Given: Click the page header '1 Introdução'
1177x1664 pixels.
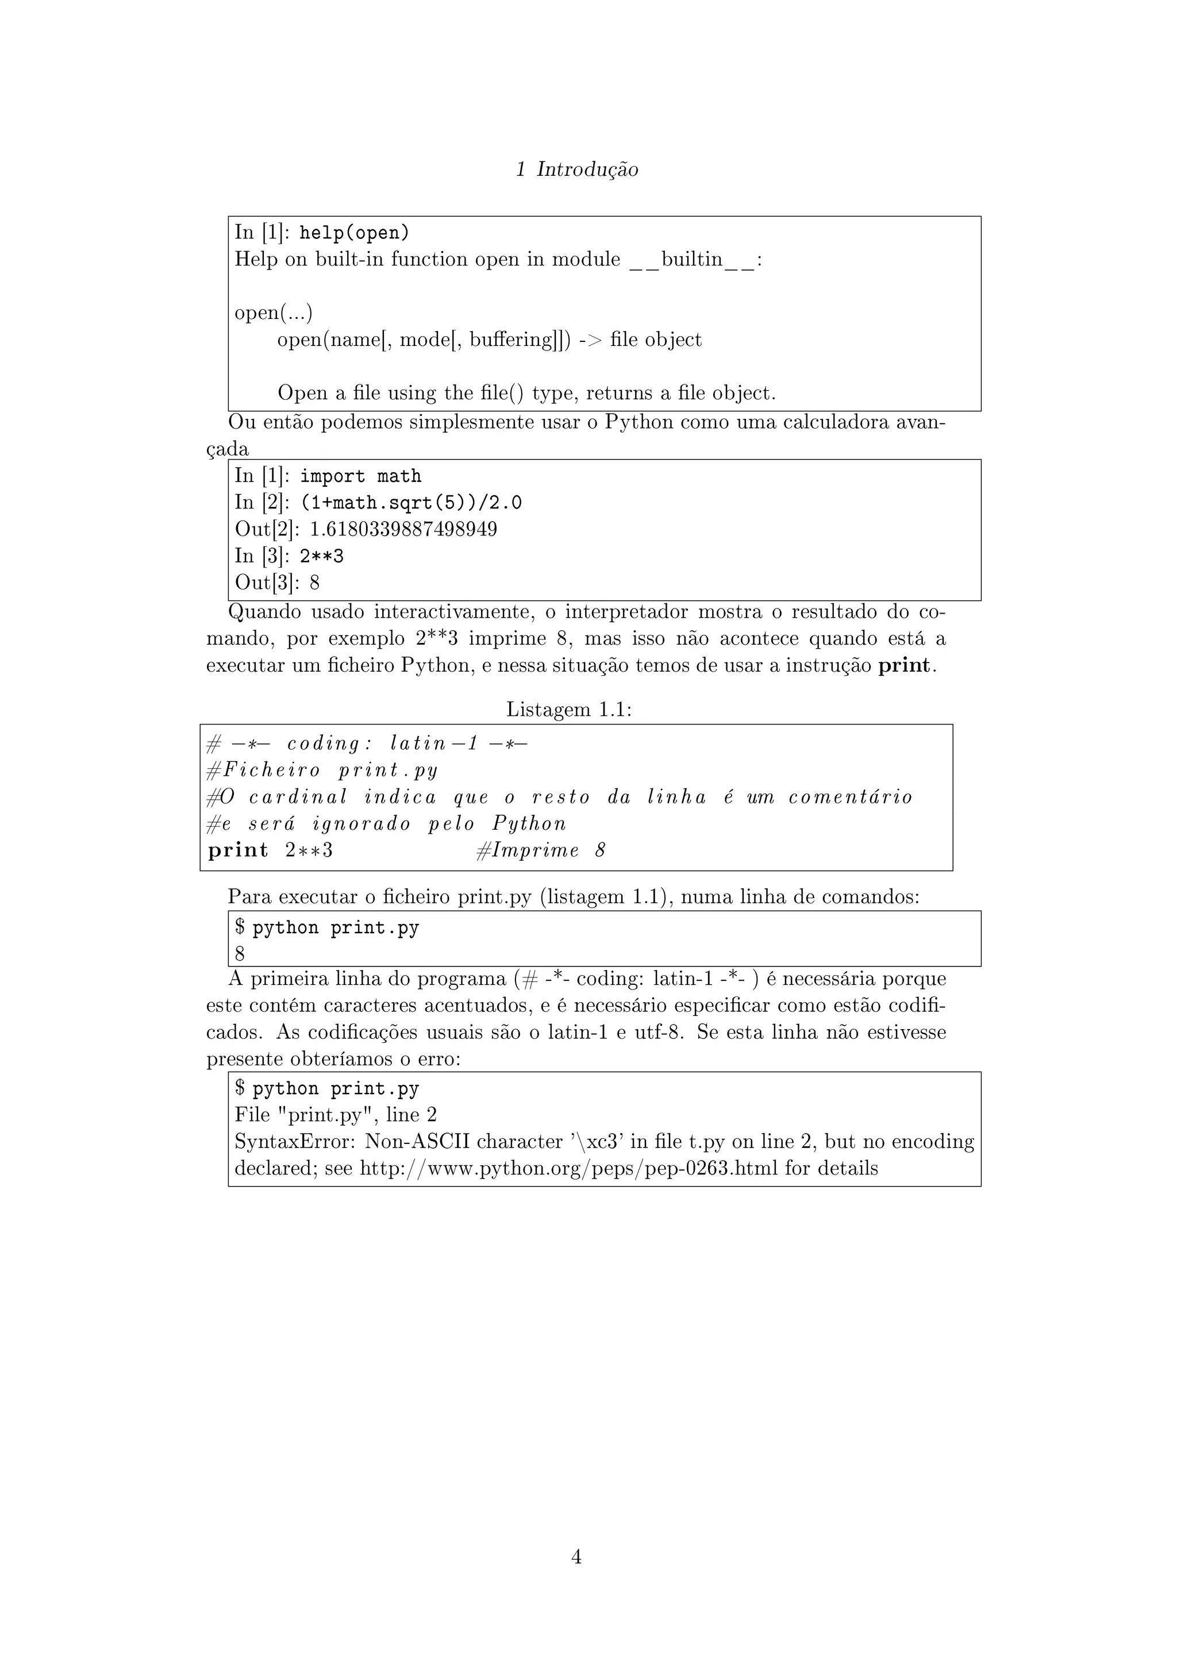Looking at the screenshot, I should [x=577, y=170].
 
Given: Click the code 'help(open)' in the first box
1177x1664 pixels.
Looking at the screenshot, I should [x=355, y=233].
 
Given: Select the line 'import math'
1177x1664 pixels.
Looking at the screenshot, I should [x=360, y=476].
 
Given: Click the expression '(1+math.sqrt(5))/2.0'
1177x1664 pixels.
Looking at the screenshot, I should [x=411, y=503].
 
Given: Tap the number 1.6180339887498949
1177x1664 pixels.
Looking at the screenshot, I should [x=403, y=529].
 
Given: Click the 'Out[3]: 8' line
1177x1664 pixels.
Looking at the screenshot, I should [x=277, y=583].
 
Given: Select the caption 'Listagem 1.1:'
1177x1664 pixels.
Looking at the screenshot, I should [x=569, y=710].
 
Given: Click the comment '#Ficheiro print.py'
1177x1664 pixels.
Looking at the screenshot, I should [x=322, y=770].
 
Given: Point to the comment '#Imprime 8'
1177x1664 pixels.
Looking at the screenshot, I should [x=541, y=850].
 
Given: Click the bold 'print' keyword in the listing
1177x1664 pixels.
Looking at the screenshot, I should [x=238, y=850].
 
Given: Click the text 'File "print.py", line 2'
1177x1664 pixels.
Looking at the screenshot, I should [x=336, y=1115].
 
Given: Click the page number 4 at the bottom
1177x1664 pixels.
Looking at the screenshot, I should [x=577, y=1556].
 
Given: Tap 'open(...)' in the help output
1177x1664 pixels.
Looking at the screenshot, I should [x=273, y=313].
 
